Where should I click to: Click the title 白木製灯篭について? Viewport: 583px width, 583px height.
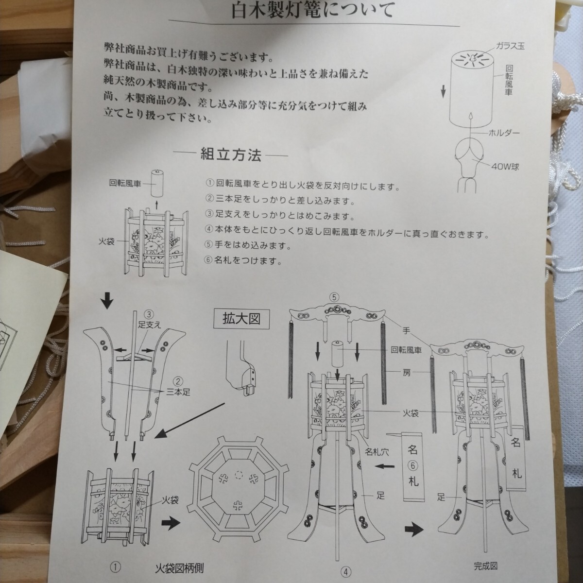pos(313,10)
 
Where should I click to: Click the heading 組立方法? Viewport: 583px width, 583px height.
pos(231,155)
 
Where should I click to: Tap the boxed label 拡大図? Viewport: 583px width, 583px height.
pos(241,319)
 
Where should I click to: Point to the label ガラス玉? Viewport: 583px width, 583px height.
pos(510,46)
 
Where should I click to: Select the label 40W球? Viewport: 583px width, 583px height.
pos(505,167)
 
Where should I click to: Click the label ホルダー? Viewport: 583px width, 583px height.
pos(504,133)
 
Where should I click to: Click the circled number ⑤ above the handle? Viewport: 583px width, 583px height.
pos(334,298)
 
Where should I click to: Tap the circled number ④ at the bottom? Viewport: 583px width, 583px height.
pos(346,572)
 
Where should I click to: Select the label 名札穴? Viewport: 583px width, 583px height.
pos(377,452)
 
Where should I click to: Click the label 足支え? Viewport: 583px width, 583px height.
pos(150,325)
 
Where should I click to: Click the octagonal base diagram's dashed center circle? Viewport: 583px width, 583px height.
pos(239,475)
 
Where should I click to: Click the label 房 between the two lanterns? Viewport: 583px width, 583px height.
pos(407,373)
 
